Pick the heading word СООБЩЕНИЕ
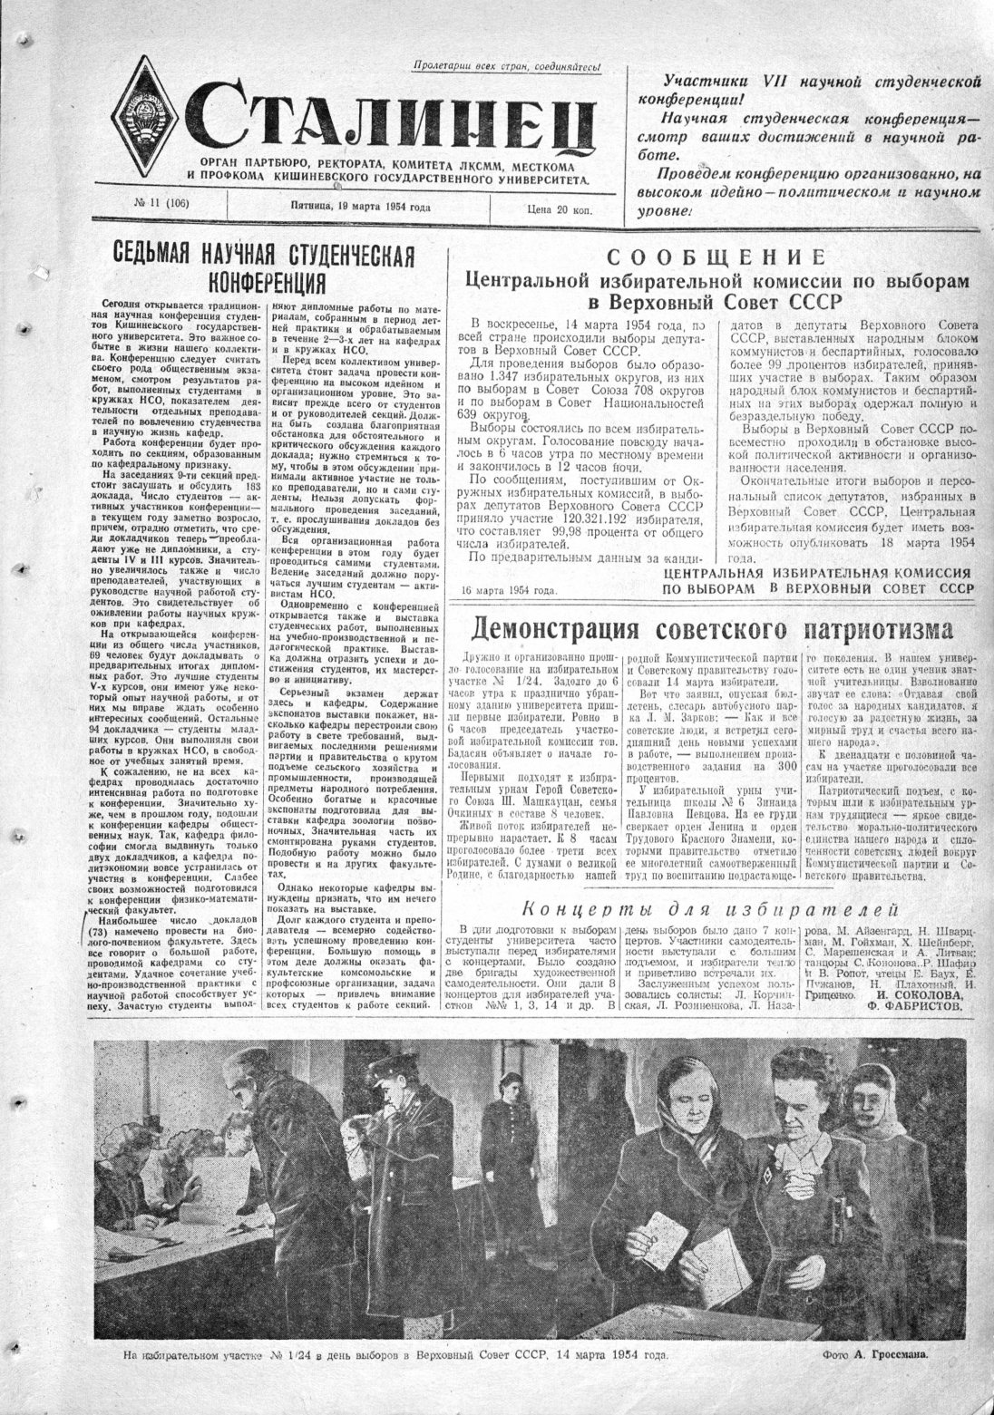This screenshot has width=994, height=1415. coord(716,257)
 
